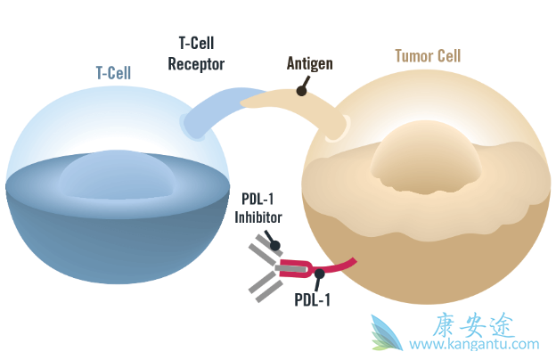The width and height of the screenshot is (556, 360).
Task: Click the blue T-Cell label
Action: click(x=113, y=73)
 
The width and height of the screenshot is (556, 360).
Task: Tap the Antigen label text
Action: click(x=311, y=63)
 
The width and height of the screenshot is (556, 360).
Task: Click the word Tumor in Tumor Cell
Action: click(x=415, y=56)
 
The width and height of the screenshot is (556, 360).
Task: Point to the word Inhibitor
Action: click(x=258, y=217)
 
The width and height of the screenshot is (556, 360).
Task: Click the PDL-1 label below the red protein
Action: click(x=312, y=299)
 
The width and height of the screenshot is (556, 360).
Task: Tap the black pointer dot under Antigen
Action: click(x=302, y=90)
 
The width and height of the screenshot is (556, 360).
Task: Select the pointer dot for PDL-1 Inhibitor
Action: click(x=274, y=245)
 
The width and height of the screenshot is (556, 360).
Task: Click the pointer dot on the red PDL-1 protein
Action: click(x=319, y=274)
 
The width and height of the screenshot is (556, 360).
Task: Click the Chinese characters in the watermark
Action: click(x=473, y=324)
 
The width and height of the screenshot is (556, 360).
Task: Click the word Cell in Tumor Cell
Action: click(x=449, y=56)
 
